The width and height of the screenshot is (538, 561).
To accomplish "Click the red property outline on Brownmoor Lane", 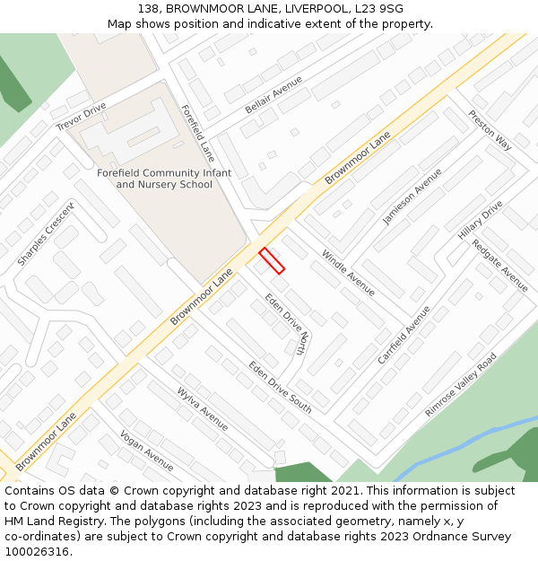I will [272, 260].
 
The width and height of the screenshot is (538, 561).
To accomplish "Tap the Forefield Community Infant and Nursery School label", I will [164, 179].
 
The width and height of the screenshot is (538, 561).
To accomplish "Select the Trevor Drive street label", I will [81, 117].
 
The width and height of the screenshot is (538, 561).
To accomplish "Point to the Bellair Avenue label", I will [273, 95].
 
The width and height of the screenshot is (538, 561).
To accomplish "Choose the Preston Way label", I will [490, 130].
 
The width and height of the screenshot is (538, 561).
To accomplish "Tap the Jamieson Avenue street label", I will [412, 196].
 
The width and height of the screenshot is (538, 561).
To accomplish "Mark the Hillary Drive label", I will [481, 219].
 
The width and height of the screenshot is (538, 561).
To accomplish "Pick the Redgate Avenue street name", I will [500, 265].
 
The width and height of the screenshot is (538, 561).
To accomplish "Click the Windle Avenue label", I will [348, 273].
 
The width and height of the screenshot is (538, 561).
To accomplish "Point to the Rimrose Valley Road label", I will [461, 384].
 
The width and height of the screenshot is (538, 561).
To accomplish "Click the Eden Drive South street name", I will [281, 387].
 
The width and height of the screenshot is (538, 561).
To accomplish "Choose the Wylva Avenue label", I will [203, 408].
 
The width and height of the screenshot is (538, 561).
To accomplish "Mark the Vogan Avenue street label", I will [147, 450].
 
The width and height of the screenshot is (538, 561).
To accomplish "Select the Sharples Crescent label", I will [46, 233].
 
